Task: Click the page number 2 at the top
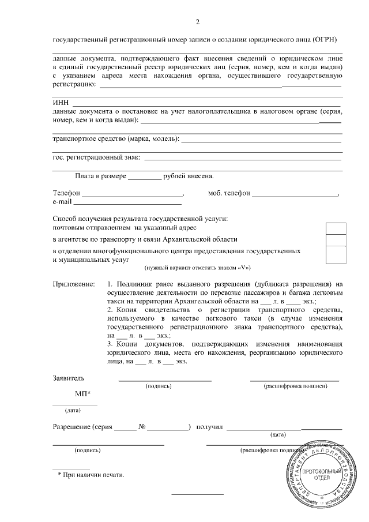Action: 198,23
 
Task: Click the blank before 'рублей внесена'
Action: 145,176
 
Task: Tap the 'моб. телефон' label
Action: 229,193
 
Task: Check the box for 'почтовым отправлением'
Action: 336,229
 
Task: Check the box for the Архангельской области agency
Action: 336,240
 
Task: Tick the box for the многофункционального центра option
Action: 336,254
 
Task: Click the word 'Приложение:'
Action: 74,284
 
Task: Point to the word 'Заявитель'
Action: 69,378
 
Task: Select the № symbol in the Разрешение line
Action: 142,427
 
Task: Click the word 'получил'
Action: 209,427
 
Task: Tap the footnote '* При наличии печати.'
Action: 91,475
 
